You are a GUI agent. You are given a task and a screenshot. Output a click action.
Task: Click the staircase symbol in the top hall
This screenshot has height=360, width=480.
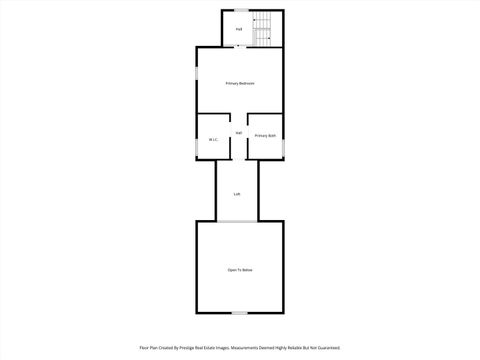(263, 28)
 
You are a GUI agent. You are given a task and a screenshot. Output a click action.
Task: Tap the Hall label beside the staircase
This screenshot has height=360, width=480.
(239, 29)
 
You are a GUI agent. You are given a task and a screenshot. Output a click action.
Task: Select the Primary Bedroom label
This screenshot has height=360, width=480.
(239, 83)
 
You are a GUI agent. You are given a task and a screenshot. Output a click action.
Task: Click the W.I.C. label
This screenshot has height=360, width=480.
(213, 139)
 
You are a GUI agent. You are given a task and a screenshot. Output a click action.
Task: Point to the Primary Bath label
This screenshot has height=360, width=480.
(265, 135)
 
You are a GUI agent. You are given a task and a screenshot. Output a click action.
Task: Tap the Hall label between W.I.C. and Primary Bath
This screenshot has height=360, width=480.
(239, 133)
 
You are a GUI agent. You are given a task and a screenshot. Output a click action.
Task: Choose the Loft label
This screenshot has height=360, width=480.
(237, 193)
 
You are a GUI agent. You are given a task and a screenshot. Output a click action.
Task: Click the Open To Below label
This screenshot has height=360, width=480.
(239, 270)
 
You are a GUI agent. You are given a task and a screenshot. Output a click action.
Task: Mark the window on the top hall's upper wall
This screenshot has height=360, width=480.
(241, 10)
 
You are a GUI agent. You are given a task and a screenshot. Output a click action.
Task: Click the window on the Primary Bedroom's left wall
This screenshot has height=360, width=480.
(195, 74)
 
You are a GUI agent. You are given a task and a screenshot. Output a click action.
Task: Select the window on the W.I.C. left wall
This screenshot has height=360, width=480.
(196, 147)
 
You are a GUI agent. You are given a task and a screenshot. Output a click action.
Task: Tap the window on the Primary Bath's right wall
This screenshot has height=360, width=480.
(284, 148)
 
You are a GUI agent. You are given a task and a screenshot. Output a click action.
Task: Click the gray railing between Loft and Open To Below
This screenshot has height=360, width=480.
(238, 221)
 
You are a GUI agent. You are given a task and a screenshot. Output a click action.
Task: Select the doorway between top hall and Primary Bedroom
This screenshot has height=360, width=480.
(238, 46)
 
